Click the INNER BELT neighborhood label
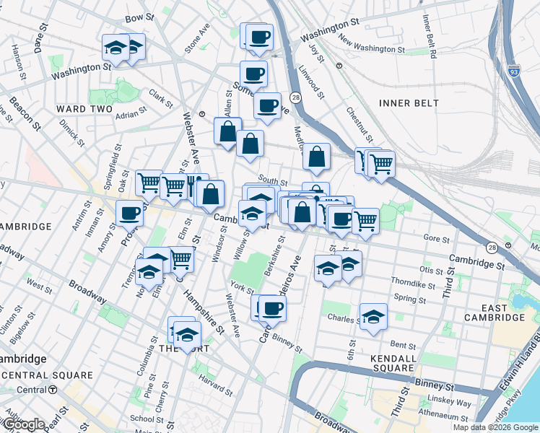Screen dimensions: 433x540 click(x=409, y=103)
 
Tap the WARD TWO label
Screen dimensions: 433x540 click(x=84, y=109)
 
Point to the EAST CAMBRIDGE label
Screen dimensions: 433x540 click(x=495, y=312)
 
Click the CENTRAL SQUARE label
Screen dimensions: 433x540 click(x=48, y=375)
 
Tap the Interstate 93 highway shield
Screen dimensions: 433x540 click(x=513, y=71)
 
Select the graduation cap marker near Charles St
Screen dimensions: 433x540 click(x=373, y=316)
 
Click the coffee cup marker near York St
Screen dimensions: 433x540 click(x=272, y=308)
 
